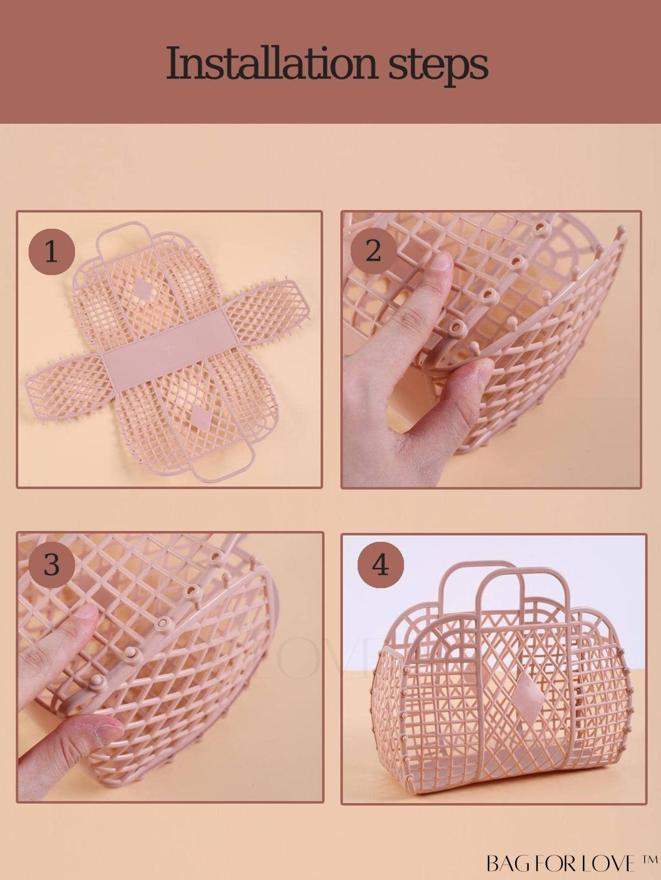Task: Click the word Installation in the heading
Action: tap(272, 64)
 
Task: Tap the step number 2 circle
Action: tap(373, 252)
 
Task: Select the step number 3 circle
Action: tap(52, 564)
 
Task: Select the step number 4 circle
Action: tap(381, 565)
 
